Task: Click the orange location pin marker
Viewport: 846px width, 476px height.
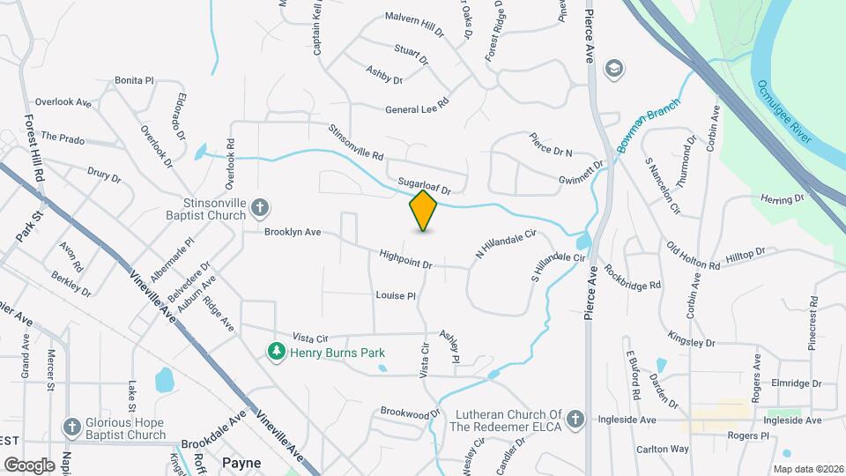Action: tap(424, 211)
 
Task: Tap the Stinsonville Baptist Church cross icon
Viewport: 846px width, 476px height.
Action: tap(260, 208)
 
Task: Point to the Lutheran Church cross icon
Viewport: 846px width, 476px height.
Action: tap(575, 419)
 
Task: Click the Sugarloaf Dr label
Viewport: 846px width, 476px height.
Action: tap(424, 185)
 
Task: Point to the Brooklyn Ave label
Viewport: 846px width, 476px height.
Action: tap(293, 234)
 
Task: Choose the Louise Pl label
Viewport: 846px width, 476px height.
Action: tap(395, 295)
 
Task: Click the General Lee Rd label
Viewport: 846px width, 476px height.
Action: tap(417, 110)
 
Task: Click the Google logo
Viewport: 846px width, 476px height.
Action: tap(29, 465)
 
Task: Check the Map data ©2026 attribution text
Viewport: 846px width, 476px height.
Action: tap(807, 469)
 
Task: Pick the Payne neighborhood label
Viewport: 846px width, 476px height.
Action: tap(241, 461)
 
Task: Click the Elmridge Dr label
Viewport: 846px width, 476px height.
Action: tap(796, 383)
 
